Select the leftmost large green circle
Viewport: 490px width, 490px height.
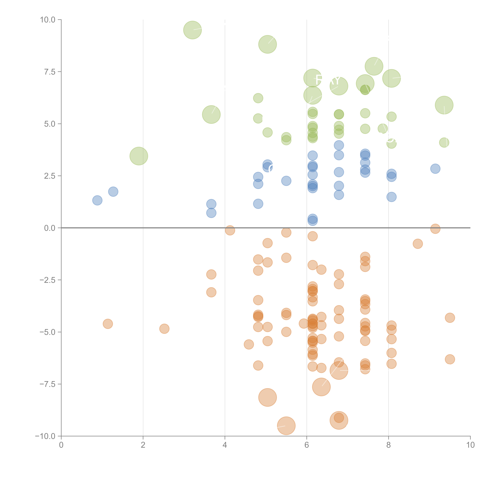(139, 156)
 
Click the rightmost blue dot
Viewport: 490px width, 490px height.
(435, 169)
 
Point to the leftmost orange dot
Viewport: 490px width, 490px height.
(108, 324)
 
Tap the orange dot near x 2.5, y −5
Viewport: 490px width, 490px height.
(164, 329)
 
